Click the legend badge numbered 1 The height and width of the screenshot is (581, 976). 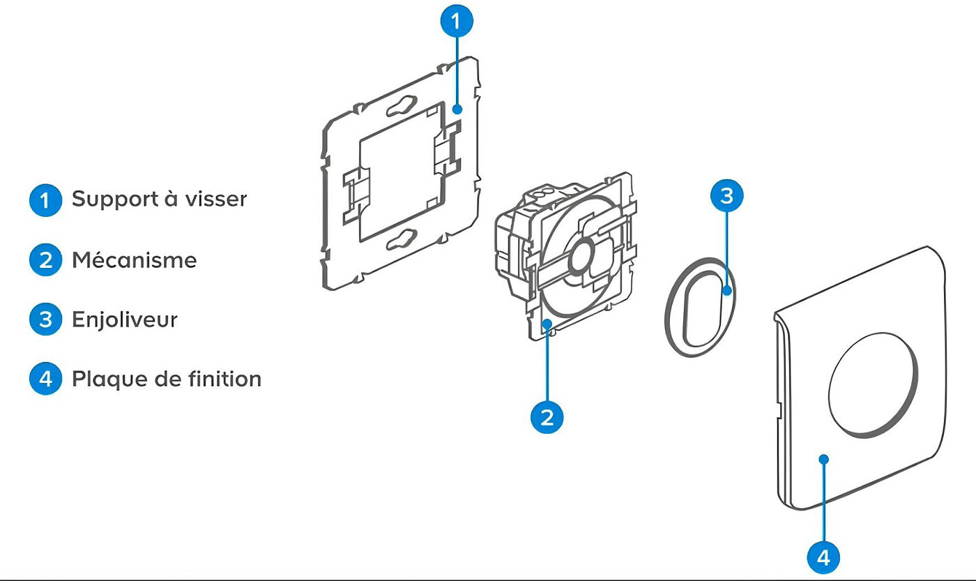(x=45, y=200)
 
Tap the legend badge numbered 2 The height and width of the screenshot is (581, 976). (x=45, y=260)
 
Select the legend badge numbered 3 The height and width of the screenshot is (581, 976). (x=45, y=319)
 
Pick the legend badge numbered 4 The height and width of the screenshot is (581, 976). (x=45, y=379)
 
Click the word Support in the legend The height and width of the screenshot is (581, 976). (x=115, y=200)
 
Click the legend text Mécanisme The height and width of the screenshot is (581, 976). (x=134, y=259)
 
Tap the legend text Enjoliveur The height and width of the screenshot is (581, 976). (x=125, y=319)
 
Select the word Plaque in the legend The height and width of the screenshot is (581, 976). (x=111, y=379)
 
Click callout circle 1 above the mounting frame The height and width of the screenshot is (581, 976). (x=457, y=21)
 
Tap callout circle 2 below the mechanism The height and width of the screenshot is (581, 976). (x=547, y=417)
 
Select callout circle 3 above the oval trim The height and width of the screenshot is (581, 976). (x=726, y=196)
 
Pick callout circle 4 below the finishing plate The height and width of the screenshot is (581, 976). (x=823, y=557)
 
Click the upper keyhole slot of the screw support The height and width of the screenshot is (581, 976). (x=402, y=106)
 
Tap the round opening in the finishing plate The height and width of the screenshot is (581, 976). (x=873, y=386)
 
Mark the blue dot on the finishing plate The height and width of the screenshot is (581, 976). (x=823, y=459)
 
